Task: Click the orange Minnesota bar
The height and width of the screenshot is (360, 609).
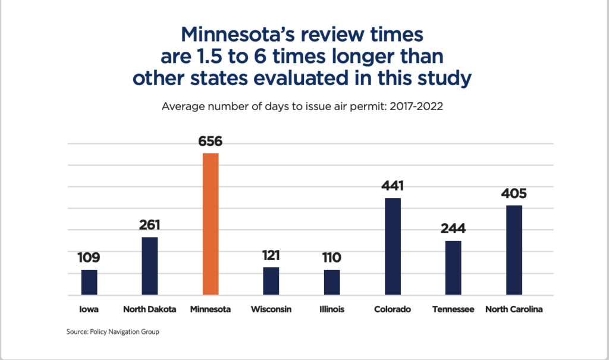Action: click(211, 224)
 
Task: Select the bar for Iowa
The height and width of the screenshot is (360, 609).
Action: click(89, 283)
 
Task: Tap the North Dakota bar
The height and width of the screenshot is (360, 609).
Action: click(150, 266)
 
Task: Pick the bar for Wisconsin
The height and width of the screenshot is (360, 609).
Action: click(271, 281)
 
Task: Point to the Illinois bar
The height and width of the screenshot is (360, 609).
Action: click(332, 283)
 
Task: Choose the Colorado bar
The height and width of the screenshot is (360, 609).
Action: click(393, 246)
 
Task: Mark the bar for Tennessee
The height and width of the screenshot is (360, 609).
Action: click(453, 268)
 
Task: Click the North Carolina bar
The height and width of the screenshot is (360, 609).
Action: click(514, 250)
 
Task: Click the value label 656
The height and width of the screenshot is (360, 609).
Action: click(211, 142)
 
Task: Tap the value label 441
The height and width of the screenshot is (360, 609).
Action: click(393, 186)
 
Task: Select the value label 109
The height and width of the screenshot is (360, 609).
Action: click(89, 258)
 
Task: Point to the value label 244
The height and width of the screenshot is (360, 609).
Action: click(453, 228)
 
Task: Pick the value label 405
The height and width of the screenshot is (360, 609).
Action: click(514, 193)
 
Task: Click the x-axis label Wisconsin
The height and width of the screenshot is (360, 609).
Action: click(271, 310)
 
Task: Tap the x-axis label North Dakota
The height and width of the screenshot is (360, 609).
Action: click(150, 310)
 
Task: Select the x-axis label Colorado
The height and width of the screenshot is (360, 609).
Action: click(393, 310)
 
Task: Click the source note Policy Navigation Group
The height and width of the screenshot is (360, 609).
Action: click(113, 332)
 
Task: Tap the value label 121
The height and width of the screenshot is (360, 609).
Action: click(271, 255)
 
